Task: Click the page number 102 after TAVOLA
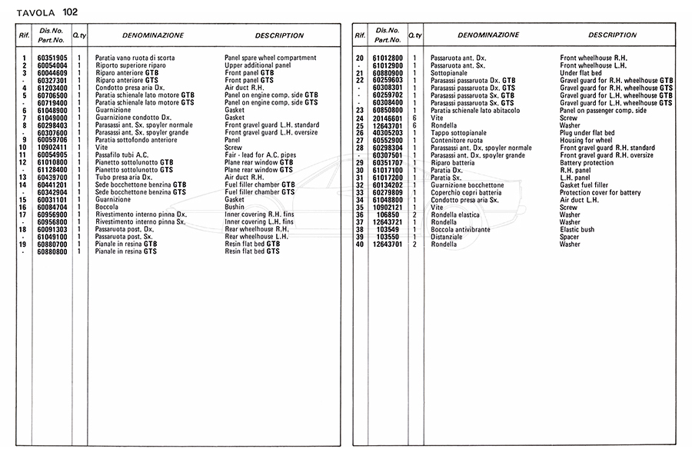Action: pos(70,12)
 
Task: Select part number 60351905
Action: pos(52,58)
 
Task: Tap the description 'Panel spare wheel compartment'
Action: pos(270,58)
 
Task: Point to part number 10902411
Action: pos(52,148)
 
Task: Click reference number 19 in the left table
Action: pos(25,244)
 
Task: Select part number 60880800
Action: pos(52,251)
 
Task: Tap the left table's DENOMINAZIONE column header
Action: pos(153,35)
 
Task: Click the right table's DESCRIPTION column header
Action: pos(612,35)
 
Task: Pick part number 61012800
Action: pos(388,58)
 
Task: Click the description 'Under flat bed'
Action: pos(581,73)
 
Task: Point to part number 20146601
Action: pos(388,118)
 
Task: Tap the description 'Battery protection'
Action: pos(587,163)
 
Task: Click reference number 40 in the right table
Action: pos(359,244)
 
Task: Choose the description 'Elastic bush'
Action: pos(577,230)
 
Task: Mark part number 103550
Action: pos(391,237)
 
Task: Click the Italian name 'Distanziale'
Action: pos(447,237)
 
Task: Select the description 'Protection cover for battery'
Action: pos(600,192)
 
